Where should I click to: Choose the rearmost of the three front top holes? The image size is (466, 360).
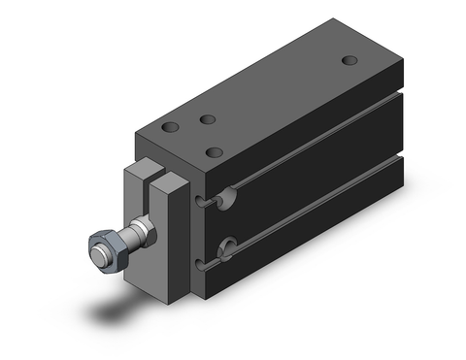[206, 120]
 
